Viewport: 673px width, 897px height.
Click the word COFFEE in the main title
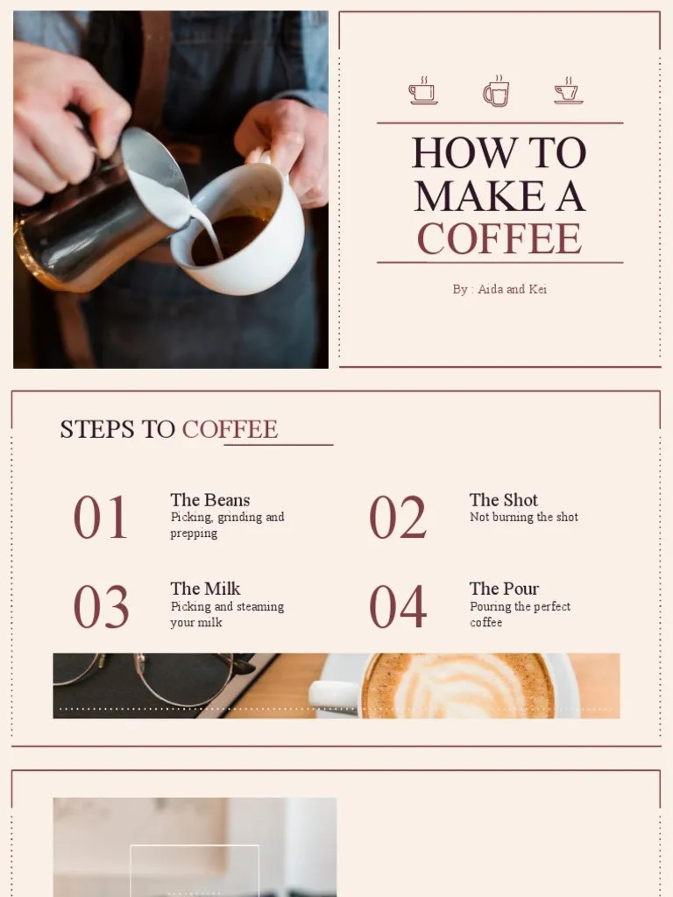(x=499, y=238)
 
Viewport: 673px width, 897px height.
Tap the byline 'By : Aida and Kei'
(x=499, y=289)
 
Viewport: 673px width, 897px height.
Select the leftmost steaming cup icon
(x=423, y=91)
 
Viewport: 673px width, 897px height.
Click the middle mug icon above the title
(x=496, y=91)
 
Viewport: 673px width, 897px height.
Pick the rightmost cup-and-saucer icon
(x=568, y=91)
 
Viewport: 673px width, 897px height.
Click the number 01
(x=101, y=518)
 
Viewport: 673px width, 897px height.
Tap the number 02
(x=397, y=518)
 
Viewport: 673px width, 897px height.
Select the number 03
(x=101, y=607)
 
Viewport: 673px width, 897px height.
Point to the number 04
(x=397, y=607)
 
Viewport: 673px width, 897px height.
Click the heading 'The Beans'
(x=209, y=500)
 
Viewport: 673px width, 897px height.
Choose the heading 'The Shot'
(x=504, y=500)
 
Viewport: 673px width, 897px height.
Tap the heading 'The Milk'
(x=205, y=589)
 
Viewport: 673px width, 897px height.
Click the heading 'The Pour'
(x=504, y=589)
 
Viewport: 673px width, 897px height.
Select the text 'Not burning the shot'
(x=524, y=518)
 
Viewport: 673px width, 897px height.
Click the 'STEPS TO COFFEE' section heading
(x=168, y=429)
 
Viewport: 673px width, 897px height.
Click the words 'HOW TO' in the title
(x=499, y=152)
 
